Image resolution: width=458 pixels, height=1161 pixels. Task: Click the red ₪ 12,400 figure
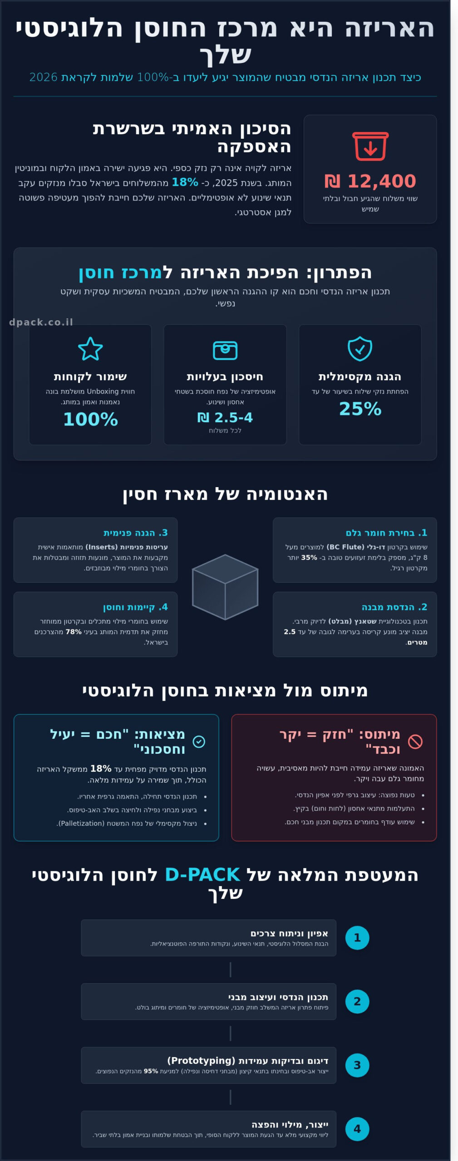pyautogui.click(x=370, y=181)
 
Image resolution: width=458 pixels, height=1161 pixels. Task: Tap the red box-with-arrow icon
pyautogui.click(x=370, y=146)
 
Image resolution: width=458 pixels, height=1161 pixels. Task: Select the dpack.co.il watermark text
pyautogui.click(x=41, y=322)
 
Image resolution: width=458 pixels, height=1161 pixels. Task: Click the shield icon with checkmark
pyautogui.click(x=360, y=349)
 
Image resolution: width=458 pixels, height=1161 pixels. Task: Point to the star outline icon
pyautogui.click(x=90, y=349)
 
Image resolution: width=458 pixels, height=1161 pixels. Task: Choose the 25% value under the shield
pyautogui.click(x=360, y=409)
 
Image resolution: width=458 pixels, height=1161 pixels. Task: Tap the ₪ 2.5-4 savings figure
pyautogui.click(x=225, y=417)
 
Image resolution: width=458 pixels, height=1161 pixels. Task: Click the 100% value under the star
pyautogui.click(x=90, y=419)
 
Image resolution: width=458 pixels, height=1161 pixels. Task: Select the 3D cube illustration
pyautogui.click(x=225, y=587)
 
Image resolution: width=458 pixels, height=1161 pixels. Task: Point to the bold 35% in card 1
pyautogui.click(x=309, y=557)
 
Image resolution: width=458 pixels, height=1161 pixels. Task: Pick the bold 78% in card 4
pyautogui.click(x=74, y=632)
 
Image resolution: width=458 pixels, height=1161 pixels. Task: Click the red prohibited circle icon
pyautogui.click(x=415, y=741)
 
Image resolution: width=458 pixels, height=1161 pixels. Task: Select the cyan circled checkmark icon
pyautogui.click(x=199, y=741)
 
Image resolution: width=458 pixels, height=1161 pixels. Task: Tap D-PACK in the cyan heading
pyautogui.click(x=202, y=874)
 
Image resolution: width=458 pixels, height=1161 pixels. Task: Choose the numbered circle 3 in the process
pyautogui.click(x=357, y=1065)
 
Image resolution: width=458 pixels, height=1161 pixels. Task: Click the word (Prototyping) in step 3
pyautogui.click(x=201, y=1061)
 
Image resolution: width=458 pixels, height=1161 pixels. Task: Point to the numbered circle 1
pyautogui.click(x=357, y=938)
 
